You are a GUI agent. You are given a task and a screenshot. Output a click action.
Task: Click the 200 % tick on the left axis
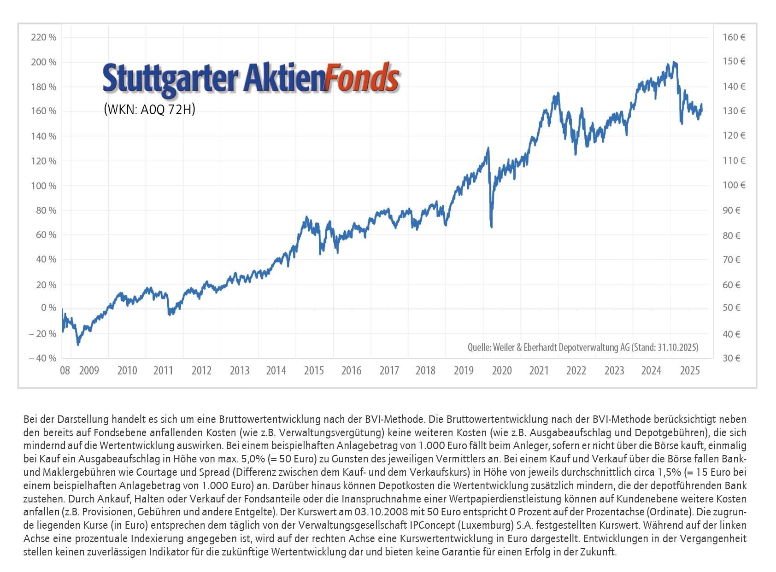(x=43, y=62)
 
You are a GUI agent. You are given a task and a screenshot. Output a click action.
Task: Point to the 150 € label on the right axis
(x=734, y=61)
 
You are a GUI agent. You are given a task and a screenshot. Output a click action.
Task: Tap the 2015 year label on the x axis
(x=314, y=371)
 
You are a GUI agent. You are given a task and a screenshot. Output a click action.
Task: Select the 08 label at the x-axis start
(x=65, y=371)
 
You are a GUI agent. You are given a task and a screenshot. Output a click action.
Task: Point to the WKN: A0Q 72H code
(x=150, y=110)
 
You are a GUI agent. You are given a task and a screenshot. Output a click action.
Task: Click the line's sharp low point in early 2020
(x=492, y=226)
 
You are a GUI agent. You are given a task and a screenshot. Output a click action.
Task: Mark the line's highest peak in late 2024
(x=674, y=62)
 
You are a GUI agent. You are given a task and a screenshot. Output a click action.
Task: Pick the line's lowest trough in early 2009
(x=78, y=344)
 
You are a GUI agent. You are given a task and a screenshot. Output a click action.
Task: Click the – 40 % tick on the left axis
(x=42, y=358)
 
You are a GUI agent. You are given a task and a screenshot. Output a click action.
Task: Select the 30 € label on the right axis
(x=731, y=358)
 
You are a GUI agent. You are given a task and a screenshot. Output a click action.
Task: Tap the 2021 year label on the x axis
(x=539, y=371)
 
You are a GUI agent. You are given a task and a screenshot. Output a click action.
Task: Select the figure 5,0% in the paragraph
(x=253, y=459)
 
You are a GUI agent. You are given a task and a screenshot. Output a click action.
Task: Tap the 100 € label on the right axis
(x=734, y=185)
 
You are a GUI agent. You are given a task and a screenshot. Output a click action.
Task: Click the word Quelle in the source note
(x=479, y=347)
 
